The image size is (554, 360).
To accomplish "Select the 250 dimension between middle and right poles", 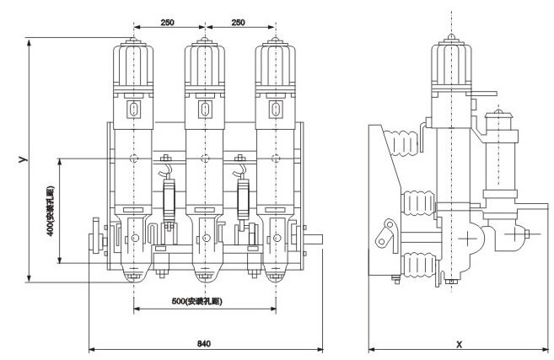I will [239, 24].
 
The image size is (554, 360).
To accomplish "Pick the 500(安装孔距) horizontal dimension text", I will [204, 300].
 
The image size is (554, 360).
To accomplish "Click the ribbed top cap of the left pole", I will [134, 62].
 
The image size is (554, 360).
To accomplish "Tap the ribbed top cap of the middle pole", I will [203, 62].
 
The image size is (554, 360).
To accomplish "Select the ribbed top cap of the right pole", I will [273, 62].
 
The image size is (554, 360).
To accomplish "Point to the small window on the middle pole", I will [203, 109].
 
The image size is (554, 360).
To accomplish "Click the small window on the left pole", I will [134, 109].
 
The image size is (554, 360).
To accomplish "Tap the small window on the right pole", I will [273, 109].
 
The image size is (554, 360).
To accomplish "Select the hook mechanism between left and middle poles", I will [169, 190].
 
